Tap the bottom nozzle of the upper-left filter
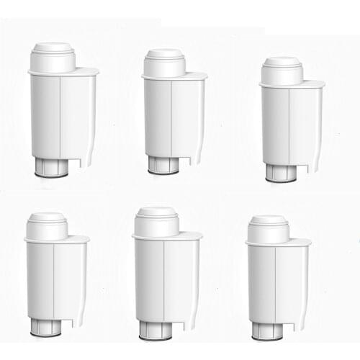[51, 168]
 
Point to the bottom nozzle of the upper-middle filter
[163, 166]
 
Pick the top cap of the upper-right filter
[281, 70]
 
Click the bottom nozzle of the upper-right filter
[279, 173]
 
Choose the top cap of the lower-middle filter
[156, 220]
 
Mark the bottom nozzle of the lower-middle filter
[156, 330]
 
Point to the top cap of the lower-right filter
[269, 228]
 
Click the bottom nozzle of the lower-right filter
[267, 330]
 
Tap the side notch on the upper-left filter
[89, 155]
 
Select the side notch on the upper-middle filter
[199, 153]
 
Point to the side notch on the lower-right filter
[302, 318]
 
